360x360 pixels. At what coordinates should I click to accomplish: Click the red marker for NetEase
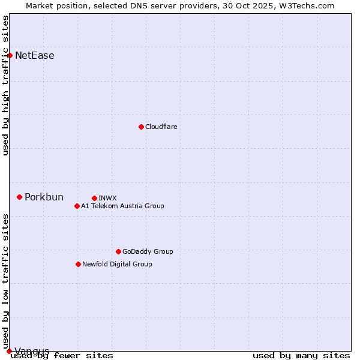click(10, 55)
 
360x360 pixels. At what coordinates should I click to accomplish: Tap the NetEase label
click(35, 56)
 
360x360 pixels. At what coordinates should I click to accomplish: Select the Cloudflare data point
click(141, 127)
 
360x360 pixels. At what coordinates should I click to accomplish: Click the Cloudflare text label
click(161, 127)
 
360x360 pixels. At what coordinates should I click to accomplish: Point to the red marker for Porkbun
click(19, 197)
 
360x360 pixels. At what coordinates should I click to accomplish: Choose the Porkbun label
click(44, 197)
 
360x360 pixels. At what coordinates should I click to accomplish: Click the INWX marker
click(94, 198)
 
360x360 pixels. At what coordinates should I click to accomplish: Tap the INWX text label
click(107, 198)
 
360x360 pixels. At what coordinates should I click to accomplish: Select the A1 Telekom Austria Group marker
click(77, 206)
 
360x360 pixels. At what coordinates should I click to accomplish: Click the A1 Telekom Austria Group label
click(122, 206)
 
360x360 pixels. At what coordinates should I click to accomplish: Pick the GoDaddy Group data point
click(118, 251)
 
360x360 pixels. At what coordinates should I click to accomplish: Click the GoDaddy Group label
click(148, 251)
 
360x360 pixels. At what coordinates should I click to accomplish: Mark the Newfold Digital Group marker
click(78, 264)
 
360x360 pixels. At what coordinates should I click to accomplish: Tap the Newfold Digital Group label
click(117, 264)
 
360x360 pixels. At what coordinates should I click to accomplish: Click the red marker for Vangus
click(9, 351)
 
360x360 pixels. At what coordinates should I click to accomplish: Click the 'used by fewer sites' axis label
click(62, 356)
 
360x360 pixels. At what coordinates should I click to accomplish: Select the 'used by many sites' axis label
click(301, 356)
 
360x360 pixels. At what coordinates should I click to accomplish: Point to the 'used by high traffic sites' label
click(6, 85)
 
